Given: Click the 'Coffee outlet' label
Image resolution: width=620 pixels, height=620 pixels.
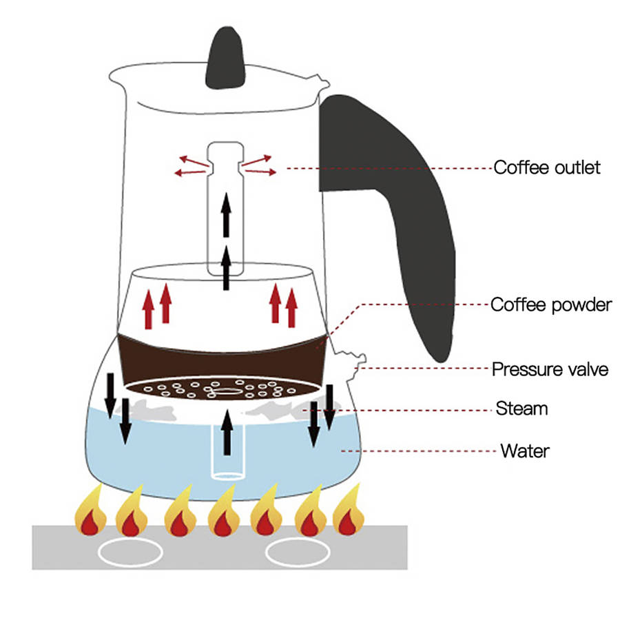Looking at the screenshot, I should pyautogui.click(x=547, y=167).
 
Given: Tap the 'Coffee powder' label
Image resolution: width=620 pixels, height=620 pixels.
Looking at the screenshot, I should pyautogui.click(x=551, y=304).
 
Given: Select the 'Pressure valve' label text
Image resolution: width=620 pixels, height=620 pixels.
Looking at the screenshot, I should pyautogui.click(x=550, y=369).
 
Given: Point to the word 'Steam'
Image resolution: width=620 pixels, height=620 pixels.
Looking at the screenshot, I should pyautogui.click(x=521, y=409).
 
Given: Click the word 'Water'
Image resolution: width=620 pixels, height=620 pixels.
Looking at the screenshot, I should pyautogui.click(x=524, y=451).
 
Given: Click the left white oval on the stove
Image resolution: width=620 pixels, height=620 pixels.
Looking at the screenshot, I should pyautogui.click(x=131, y=552).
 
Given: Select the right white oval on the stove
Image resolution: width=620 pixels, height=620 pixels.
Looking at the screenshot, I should pyautogui.click(x=298, y=552).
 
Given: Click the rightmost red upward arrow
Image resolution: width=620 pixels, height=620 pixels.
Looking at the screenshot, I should pyautogui.click(x=291, y=308).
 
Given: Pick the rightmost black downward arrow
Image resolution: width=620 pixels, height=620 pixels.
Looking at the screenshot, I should pyautogui.click(x=330, y=407).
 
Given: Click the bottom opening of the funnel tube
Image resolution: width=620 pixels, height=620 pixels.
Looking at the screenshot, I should pyautogui.click(x=227, y=474).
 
